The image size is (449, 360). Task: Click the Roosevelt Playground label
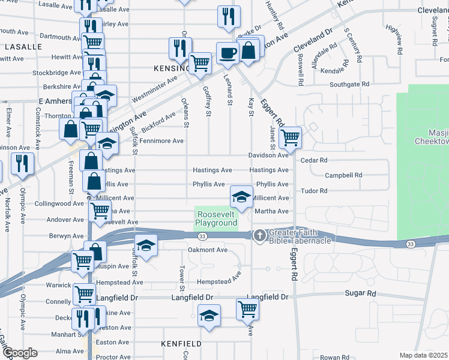pyautogui.click(x=216, y=218)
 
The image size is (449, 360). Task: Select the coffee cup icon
pyautogui.click(x=227, y=53)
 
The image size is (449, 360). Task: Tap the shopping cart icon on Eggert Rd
pyautogui.click(x=290, y=138)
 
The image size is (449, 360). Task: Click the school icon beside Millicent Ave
pyautogui.click(x=241, y=196)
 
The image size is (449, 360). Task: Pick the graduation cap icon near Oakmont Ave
pyautogui.click(x=145, y=245)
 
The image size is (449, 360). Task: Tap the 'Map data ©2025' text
pyautogui.click(x=423, y=355)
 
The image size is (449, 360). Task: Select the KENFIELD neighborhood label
pyautogui.click(x=181, y=343)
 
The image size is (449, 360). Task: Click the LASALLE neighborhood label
pyautogui.click(x=23, y=46)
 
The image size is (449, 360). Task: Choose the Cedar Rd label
pyautogui.click(x=314, y=160)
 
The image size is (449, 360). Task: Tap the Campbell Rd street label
pyautogui.click(x=343, y=175)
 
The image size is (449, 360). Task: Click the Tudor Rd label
pyautogui.click(x=314, y=191)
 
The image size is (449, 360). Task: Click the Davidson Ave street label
pyautogui.click(x=269, y=155)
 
